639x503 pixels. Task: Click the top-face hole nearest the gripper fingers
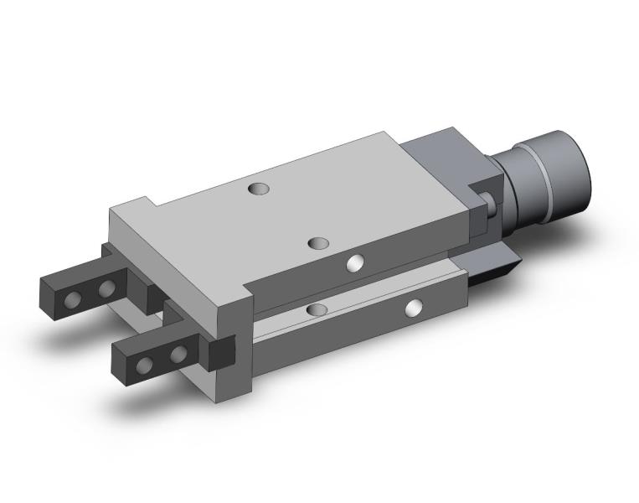point(318,243)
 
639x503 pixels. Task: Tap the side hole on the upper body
point(356,264)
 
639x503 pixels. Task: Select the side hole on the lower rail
point(412,309)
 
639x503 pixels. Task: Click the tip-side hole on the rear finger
point(76,298)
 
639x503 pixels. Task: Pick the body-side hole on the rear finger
point(106,290)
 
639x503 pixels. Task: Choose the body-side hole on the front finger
point(177,355)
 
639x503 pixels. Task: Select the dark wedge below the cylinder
point(495,268)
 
